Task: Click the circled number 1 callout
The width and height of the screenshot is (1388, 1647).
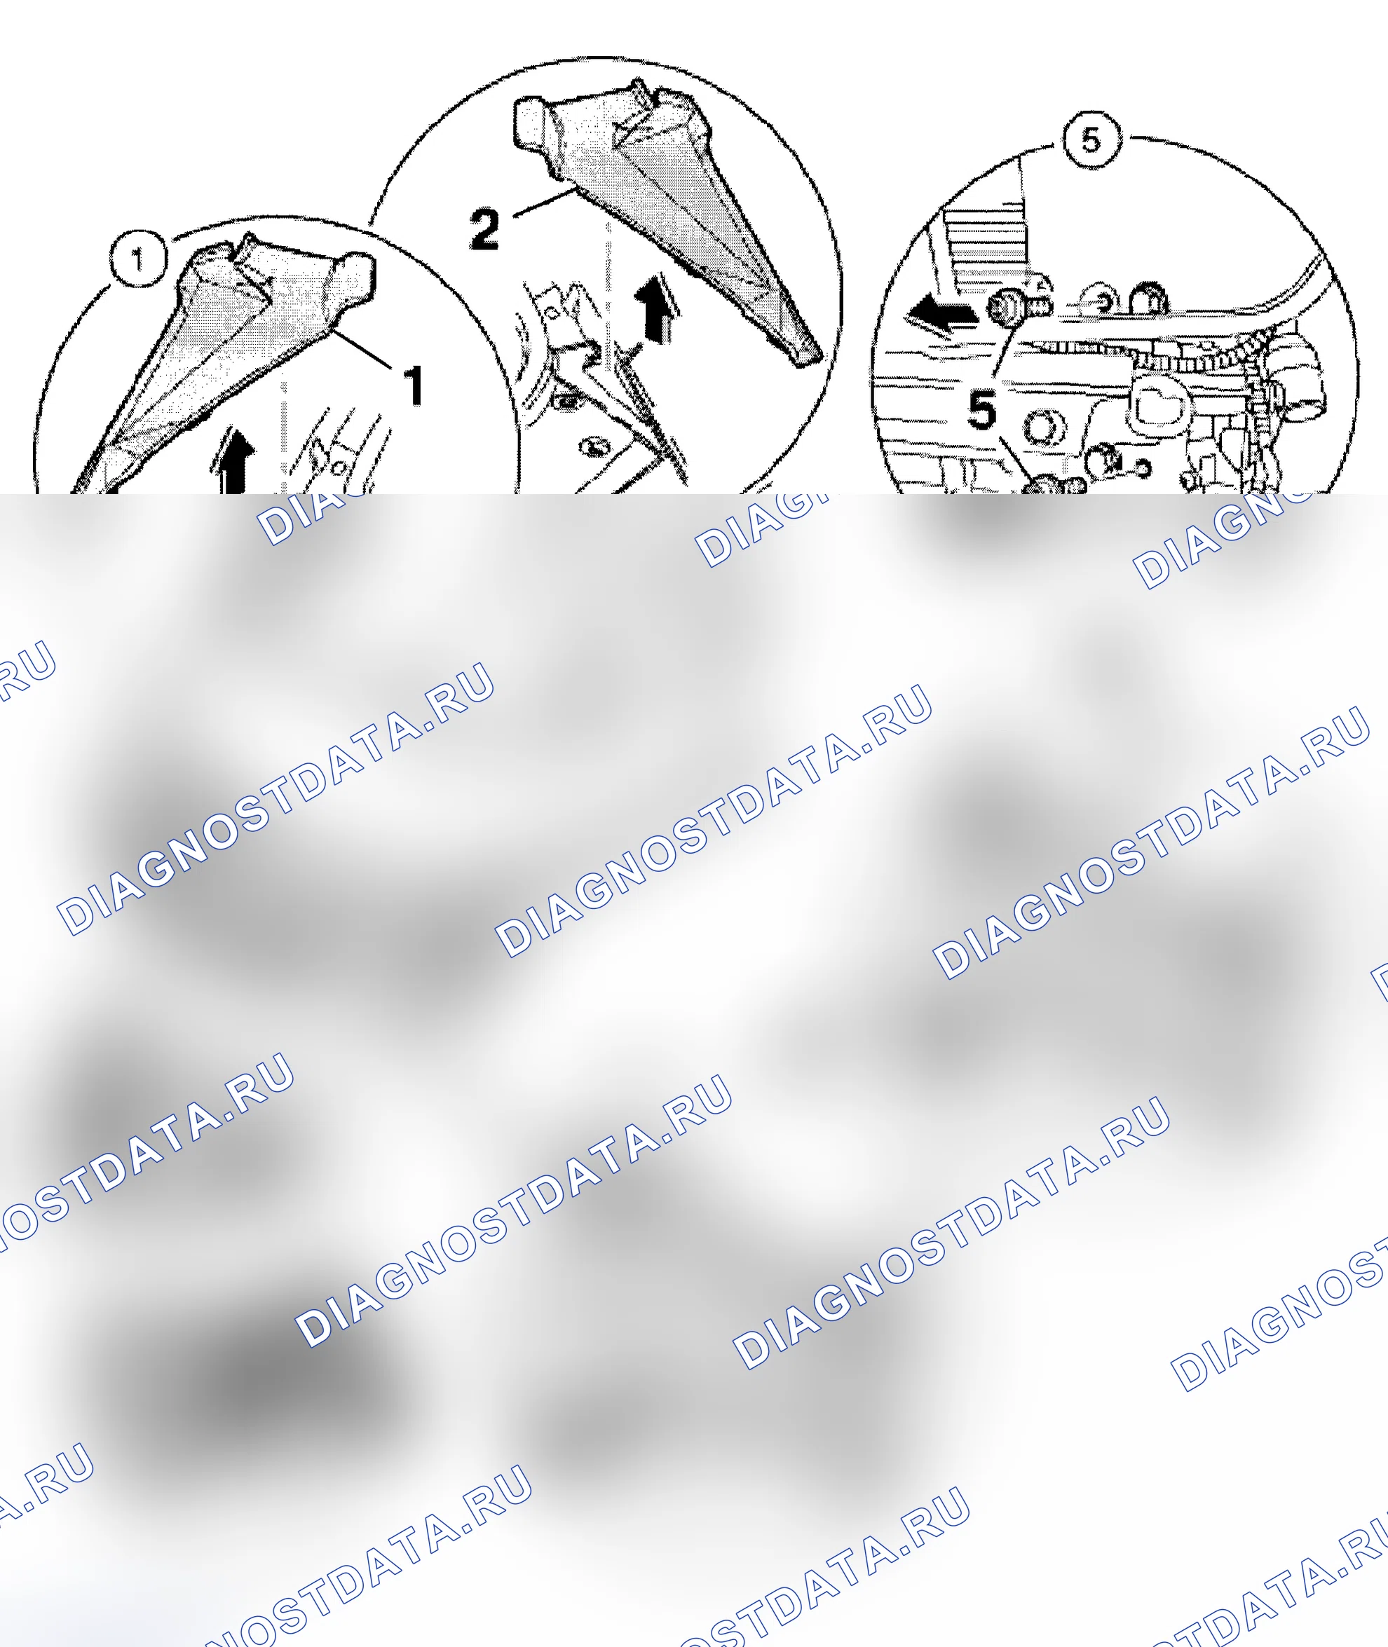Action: click(x=139, y=259)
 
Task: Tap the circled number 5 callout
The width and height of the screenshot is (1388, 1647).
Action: click(x=1091, y=140)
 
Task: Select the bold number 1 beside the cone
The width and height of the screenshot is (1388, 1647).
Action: click(x=413, y=385)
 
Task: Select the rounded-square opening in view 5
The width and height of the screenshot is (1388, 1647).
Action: click(x=1157, y=404)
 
